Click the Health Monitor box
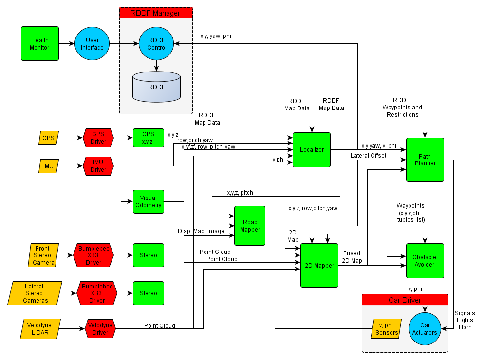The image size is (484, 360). click(x=40, y=44)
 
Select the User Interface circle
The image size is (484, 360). click(x=92, y=44)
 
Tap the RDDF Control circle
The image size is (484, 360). click(x=156, y=44)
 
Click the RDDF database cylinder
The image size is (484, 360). click(x=156, y=87)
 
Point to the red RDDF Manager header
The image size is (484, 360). click(x=156, y=13)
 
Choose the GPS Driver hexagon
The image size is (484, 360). click(x=98, y=138)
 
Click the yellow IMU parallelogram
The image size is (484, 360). click(x=48, y=166)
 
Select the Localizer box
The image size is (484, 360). click(x=312, y=150)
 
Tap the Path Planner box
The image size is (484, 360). click(x=425, y=160)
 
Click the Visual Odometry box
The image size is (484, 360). click(x=149, y=201)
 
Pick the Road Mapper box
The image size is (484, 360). click(x=250, y=226)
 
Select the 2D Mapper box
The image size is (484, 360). click(x=319, y=266)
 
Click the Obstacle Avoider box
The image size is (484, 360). click(x=425, y=261)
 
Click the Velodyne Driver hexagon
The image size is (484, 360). click(x=100, y=329)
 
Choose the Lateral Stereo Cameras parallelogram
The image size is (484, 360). click(x=36, y=293)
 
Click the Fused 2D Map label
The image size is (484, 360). click(x=352, y=257)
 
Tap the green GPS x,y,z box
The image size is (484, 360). click(x=148, y=138)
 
